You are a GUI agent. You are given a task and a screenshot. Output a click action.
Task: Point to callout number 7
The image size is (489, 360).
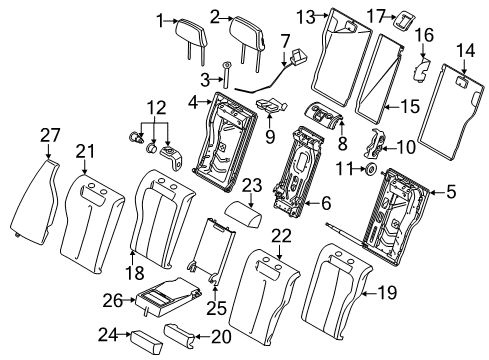coord(285,40)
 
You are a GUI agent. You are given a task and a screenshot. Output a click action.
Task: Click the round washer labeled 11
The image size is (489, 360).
coord(370,171)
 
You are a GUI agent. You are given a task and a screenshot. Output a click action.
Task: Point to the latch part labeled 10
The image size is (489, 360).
coord(377,146)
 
